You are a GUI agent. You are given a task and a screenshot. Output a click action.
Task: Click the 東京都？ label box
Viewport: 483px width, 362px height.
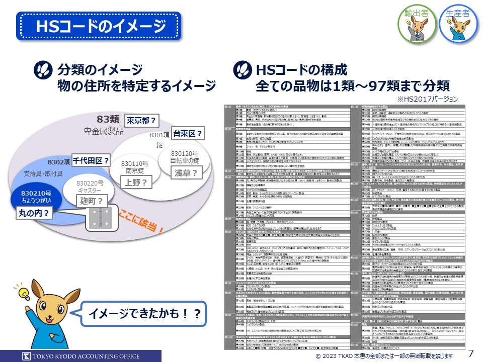pyautogui.click(x=141, y=121)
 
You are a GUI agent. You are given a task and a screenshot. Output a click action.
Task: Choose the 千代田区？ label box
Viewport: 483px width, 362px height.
pyautogui.click(x=91, y=161)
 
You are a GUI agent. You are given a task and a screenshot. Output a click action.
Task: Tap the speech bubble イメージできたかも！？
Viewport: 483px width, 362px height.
pyautogui.click(x=144, y=314)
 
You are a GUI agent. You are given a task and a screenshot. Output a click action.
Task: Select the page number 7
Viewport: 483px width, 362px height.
pyautogui.click(x=471, y=353)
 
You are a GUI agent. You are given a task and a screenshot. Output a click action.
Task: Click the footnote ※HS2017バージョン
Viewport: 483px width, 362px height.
pyautogui.click(x=427, y=99)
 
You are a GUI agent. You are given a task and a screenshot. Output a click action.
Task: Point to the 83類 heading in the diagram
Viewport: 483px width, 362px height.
pyautogui.click(x=108, y=119)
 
